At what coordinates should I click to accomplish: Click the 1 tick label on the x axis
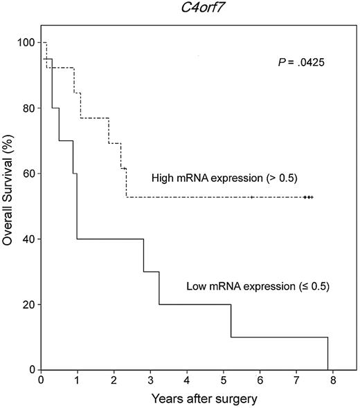pyautogui.click(x=78, y=381)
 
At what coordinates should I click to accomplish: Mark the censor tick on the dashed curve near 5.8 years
pyautogui.click(x=252, y=197)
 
